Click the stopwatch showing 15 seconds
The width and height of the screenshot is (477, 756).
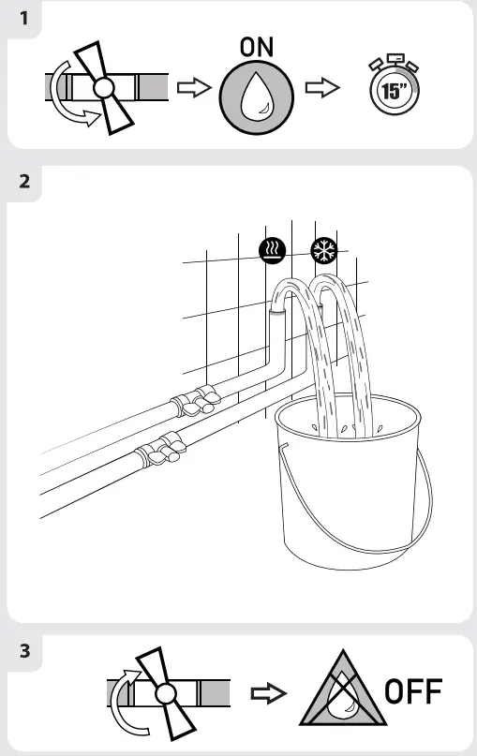pyautogui.click(x=391, y=89)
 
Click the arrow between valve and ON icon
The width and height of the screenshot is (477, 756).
pyautogui.click(x=192, y=88)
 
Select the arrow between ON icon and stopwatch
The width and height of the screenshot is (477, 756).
pyautogui.click(x=322, y=88)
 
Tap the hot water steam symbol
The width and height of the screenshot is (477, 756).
pyautogui.click(x=273, y=251)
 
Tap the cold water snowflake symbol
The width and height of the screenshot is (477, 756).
pyautogui.click(x=324, y=251)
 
